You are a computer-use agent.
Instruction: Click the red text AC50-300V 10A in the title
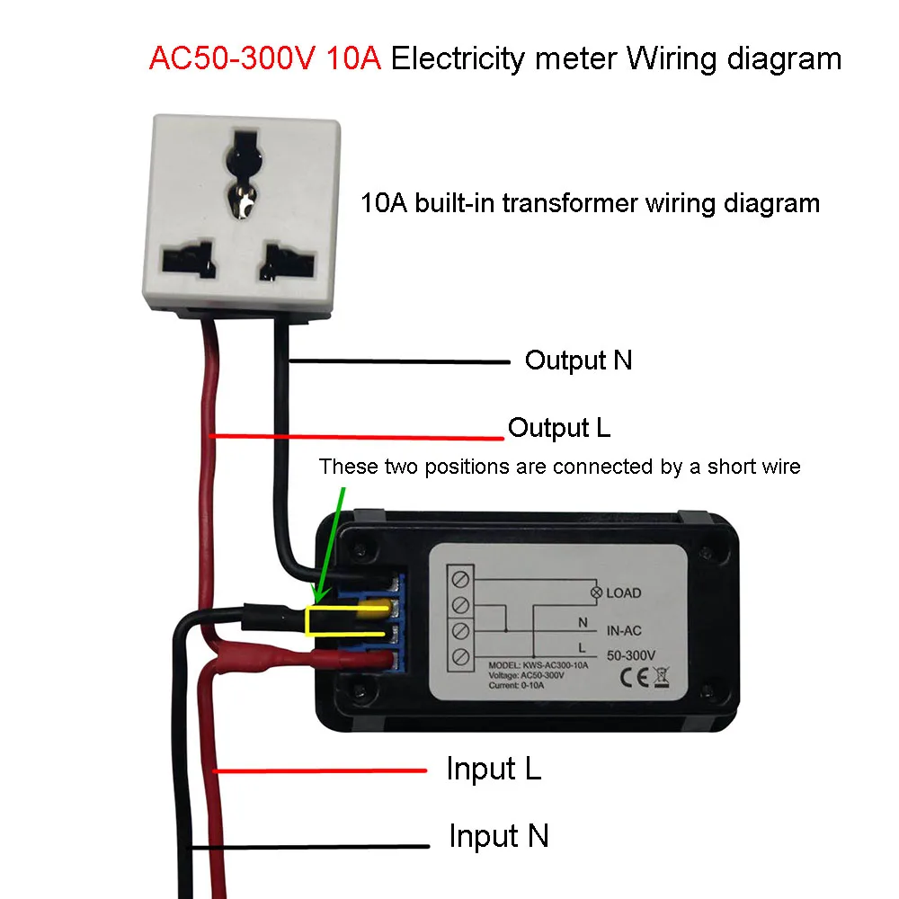coord(265,59)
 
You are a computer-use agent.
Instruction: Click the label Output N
coord(578,360)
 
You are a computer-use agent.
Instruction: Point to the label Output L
coord(559,428)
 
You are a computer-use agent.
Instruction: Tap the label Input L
coord(494,770)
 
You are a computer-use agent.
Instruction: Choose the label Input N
coord(498,836)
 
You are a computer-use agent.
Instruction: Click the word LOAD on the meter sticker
coord(624,592)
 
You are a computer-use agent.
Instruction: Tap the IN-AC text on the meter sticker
coord(624,633)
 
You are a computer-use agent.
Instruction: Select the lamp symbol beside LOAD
coord(594,592)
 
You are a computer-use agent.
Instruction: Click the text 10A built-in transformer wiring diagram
coord(590,203)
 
